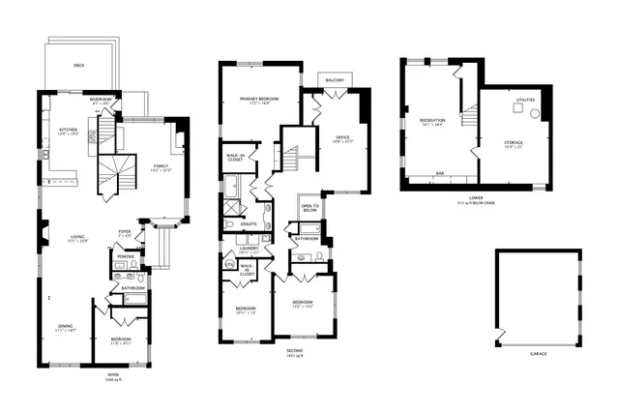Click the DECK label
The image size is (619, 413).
79,66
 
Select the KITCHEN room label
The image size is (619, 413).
68,130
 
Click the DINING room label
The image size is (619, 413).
65,327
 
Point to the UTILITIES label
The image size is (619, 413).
526,100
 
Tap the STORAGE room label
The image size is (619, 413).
514,142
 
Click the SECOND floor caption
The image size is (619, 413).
294,349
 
